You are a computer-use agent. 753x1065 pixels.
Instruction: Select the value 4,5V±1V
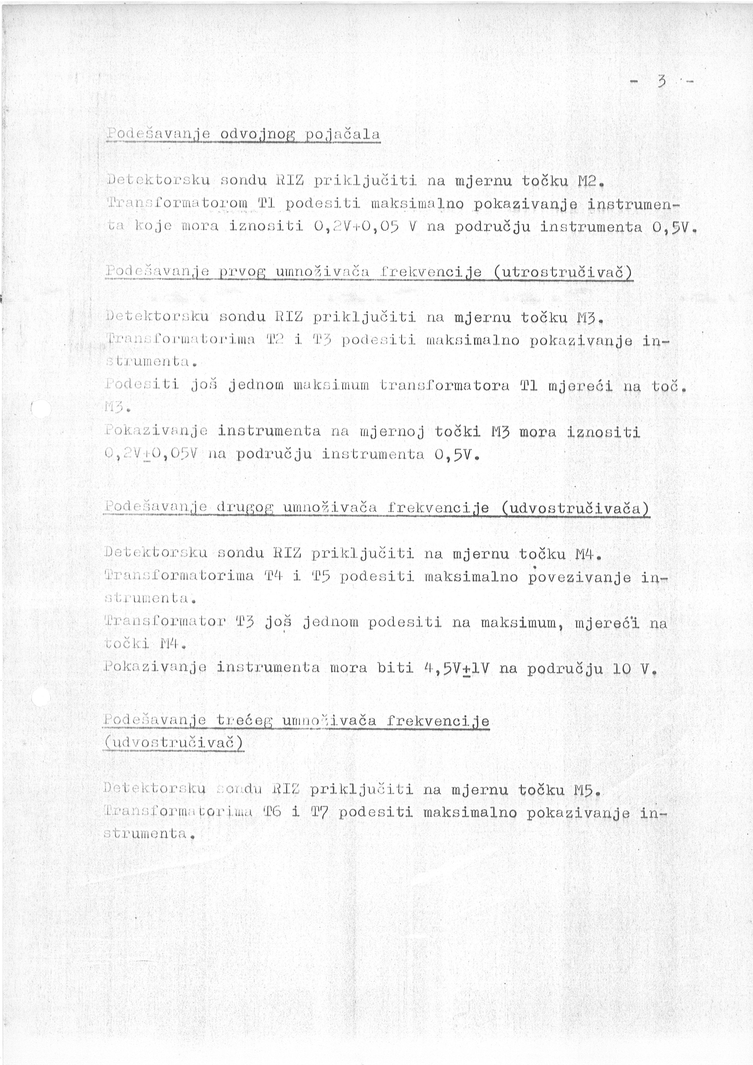(456, 667)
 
